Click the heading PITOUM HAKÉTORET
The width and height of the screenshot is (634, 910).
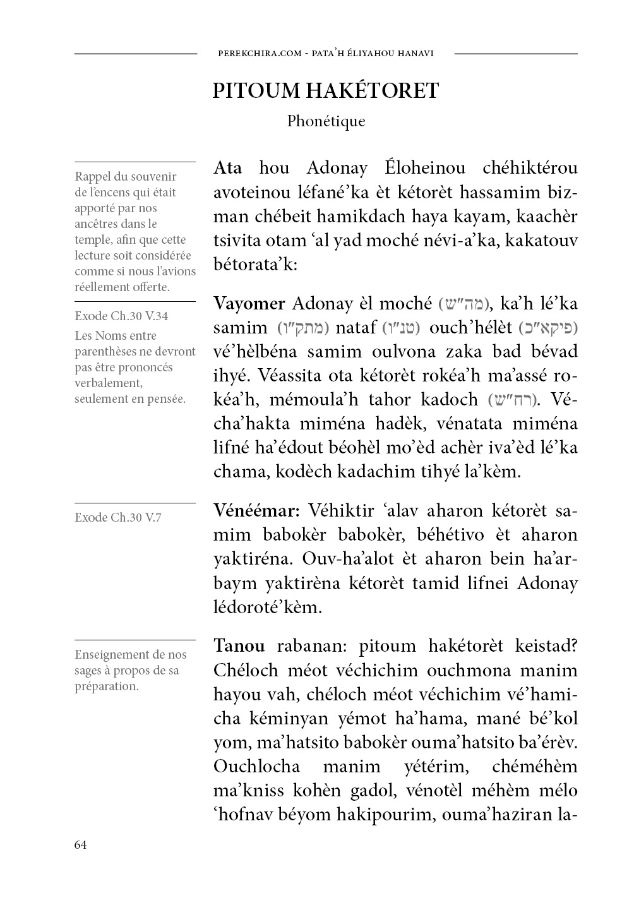[325, 91]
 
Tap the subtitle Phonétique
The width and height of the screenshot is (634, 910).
[326, 121]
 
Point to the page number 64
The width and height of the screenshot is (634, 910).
[80, 845]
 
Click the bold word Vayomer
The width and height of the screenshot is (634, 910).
[249, 304]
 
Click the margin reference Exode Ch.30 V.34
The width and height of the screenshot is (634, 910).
[121, 316]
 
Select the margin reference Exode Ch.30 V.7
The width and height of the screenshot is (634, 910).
[117, 518]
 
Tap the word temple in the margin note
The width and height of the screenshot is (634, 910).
[94, 240]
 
